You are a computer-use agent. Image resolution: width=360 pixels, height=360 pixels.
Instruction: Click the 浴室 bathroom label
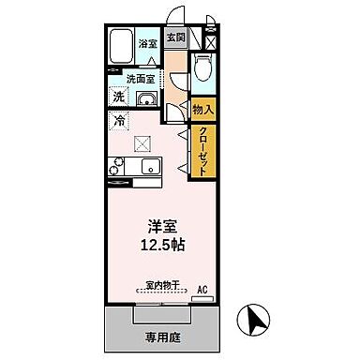147,44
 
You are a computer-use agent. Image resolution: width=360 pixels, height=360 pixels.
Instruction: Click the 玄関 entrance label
175,39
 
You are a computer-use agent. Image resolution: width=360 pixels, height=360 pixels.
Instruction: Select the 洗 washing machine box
119,97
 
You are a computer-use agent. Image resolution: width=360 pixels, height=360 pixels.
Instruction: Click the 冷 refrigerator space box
119,120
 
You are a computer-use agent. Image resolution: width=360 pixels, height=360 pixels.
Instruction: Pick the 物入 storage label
203,110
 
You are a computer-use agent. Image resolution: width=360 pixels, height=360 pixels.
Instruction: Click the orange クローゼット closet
202,151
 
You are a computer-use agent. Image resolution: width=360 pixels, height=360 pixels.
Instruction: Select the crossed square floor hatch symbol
142,142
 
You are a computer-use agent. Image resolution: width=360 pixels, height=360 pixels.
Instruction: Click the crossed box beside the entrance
211,41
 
